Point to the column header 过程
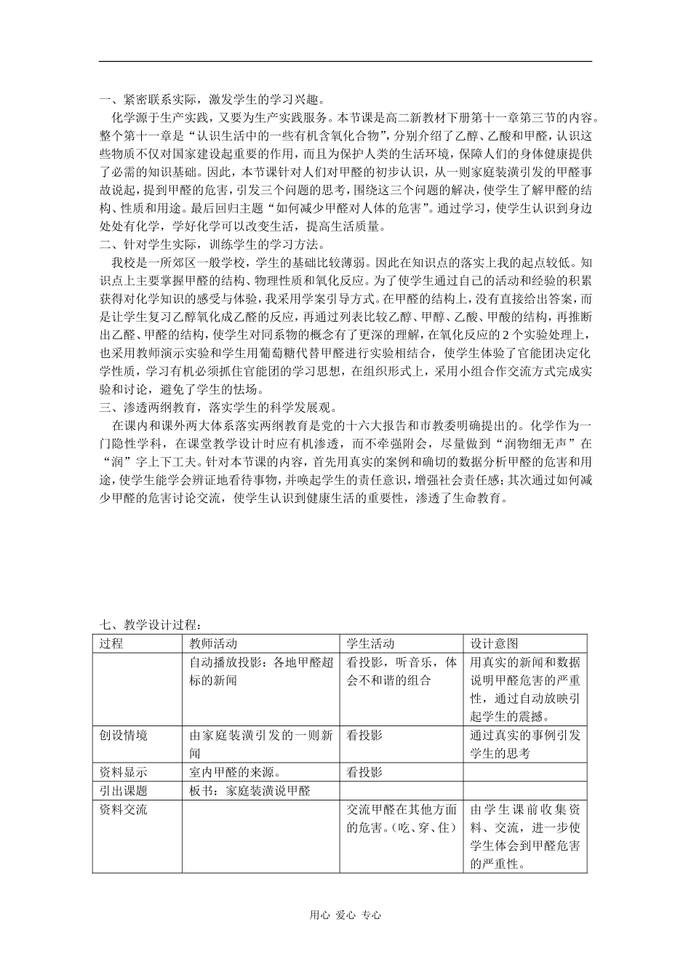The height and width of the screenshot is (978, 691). [111, 643]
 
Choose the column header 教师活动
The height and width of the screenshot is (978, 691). [213, 643]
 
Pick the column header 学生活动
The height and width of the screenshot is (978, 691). [370, 643]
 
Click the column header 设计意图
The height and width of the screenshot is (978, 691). [494, 643]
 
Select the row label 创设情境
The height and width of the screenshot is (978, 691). [123, 735]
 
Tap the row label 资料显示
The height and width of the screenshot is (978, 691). [123, 772]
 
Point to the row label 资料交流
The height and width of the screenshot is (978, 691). [123, 809]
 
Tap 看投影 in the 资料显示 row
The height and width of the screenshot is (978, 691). [364, 772]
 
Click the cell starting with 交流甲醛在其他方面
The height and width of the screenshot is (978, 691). [402, 818]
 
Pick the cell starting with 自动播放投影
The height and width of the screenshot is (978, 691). [261, 671]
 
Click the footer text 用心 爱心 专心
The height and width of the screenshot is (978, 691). [345, 915]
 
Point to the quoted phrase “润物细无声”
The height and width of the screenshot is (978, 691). [526, 443]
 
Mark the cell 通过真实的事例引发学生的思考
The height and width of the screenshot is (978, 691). [525, 744]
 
